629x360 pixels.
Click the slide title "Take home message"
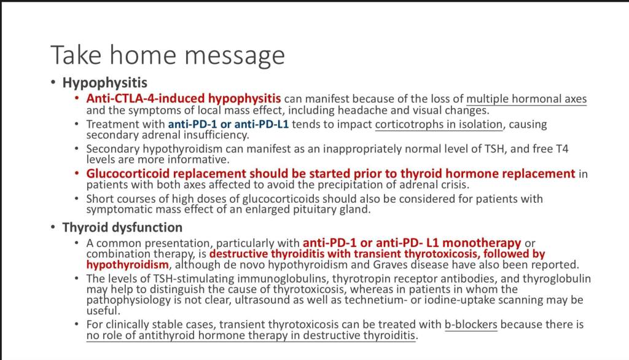[168, 55]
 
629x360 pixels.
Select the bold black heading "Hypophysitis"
[104, 83]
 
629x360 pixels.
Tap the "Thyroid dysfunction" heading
[122, 227]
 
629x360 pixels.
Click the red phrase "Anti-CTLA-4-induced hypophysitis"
[183, 98]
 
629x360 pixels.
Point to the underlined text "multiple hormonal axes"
[526, 99]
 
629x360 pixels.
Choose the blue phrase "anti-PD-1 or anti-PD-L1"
[229, 124]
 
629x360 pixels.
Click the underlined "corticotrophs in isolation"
[439, 125]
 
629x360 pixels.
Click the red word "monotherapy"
[482, 243]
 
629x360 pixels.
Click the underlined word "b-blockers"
[471, 324]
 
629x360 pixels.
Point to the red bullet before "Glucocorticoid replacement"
[77, 173]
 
